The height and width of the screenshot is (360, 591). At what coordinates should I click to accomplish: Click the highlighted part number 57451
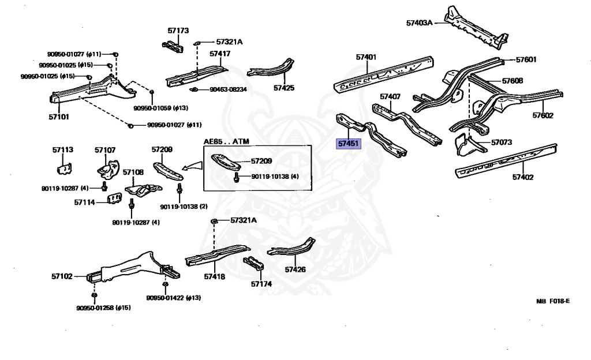pyautogui.click(x=349, y=143)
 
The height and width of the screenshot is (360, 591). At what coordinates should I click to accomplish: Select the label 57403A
pyautogui.click(x=419, y=23)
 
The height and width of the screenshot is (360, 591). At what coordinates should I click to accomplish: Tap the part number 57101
pyautogui.click(x=58, y=117)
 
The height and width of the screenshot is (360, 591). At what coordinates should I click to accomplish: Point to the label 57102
pyautogui.click(x=62, y=276)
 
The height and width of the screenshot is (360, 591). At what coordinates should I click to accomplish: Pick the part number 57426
pyautogui.click(x=295, y=269)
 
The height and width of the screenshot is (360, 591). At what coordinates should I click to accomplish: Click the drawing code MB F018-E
pyautogui.click(x=552, y=301)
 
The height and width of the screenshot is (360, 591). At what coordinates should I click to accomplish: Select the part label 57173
pyautogui.click(x=178, y=31)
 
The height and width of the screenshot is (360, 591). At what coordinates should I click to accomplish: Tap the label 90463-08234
pyautogui.click(x=228, y=89)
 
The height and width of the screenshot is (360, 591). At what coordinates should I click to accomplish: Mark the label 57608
pyautogui.click(x=513, y=81)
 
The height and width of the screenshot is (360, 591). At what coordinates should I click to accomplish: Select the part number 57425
pyautogui.click(x=284, y=88)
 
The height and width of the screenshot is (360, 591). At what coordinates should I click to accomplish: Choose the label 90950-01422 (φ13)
pyautogui.click(x=173, y=298)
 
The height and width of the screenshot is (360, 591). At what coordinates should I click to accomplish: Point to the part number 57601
pyautogui.click(x=526, y=59)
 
